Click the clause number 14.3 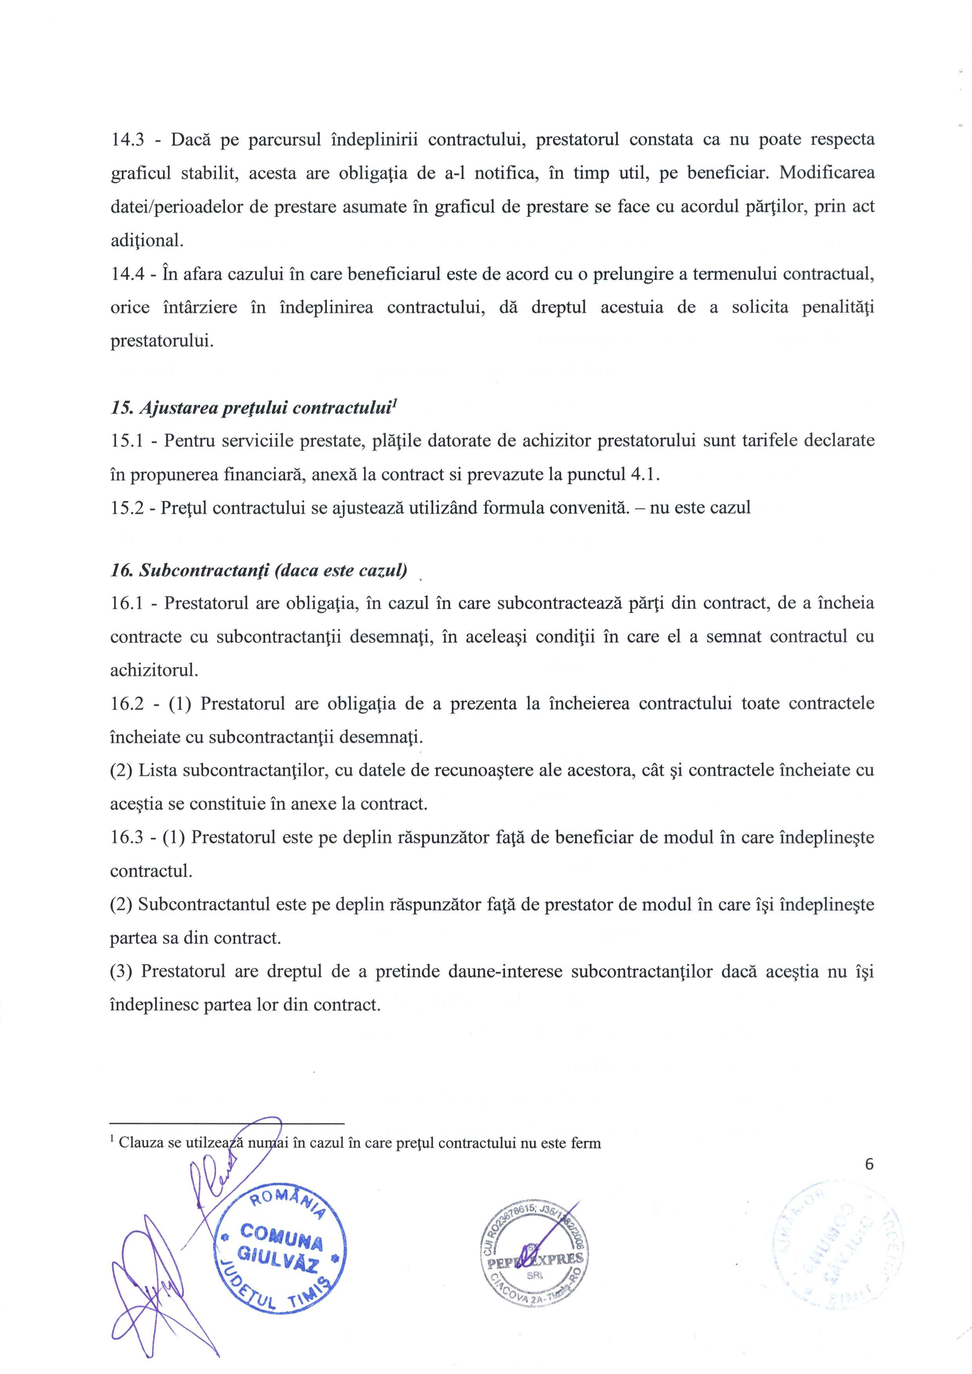(127, 140)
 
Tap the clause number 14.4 (127, 274)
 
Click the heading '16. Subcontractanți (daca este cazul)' (259, 570)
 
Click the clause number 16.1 (127, 603)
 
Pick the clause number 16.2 (127, 703)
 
